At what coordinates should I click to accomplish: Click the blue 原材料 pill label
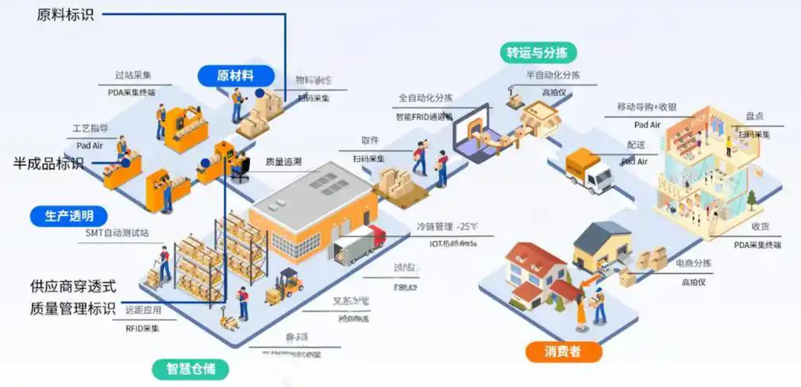236,76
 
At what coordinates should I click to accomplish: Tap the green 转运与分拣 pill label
537,53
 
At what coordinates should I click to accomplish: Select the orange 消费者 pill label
563,351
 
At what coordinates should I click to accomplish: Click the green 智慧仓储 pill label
190,368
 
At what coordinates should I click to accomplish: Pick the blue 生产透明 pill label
69,216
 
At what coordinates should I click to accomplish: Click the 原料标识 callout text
65,15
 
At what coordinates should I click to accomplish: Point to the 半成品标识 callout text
49,164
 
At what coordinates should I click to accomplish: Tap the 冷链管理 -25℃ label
447,226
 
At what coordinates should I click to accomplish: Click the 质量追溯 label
283,162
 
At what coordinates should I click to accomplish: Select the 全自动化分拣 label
425,98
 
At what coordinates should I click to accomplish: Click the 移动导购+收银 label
646,107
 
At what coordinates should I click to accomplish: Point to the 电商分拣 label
693,263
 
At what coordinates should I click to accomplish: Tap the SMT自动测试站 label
117,233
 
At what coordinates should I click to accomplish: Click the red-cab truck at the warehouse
360,244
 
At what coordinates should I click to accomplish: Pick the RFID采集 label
142,328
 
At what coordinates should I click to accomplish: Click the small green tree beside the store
751,200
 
